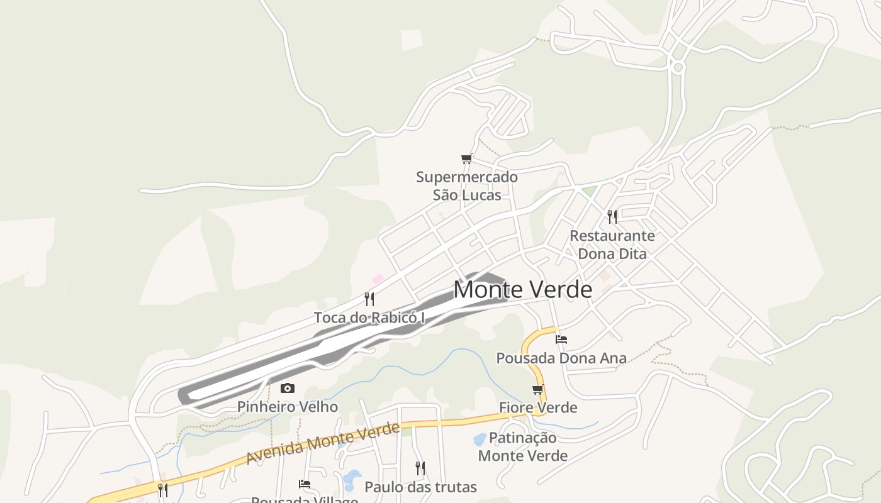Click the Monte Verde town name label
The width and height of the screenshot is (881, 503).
[x=522, y=290]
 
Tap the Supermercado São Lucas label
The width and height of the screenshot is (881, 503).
[x=467, y=185]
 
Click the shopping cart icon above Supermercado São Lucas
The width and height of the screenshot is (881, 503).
[x=466, y=159]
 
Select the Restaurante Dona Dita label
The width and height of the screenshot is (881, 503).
[x=612, y=245]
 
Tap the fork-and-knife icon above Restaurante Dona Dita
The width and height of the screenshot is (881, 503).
[x=612, y=217]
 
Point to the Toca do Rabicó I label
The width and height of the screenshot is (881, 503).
[x=369, y=318]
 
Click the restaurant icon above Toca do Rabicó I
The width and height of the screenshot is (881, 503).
[x=369, y=299]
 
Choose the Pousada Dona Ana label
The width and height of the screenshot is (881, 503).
[x=561, y=358]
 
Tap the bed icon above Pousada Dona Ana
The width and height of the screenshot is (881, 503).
[x=561, y=340]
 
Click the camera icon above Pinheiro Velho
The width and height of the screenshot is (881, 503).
[x=288, y=388]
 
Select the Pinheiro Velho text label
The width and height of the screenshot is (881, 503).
[x=288, y=407]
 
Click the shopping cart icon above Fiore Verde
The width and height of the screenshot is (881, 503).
[x=538, y=389]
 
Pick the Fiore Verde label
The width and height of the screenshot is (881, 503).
[x=538, y=407]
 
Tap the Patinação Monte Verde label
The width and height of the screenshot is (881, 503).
[x=523, y=446]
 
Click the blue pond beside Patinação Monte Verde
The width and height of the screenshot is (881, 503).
[x=480, y=438]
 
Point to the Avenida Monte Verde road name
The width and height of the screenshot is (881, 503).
[x=322, y=443]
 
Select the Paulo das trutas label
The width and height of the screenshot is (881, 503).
[x=420, y=487]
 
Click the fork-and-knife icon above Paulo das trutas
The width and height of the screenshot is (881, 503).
[x=420, y=468]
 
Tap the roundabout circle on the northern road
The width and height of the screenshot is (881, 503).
[x=678, y=67]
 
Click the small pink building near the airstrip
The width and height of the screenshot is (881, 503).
[x=378, y=279]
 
